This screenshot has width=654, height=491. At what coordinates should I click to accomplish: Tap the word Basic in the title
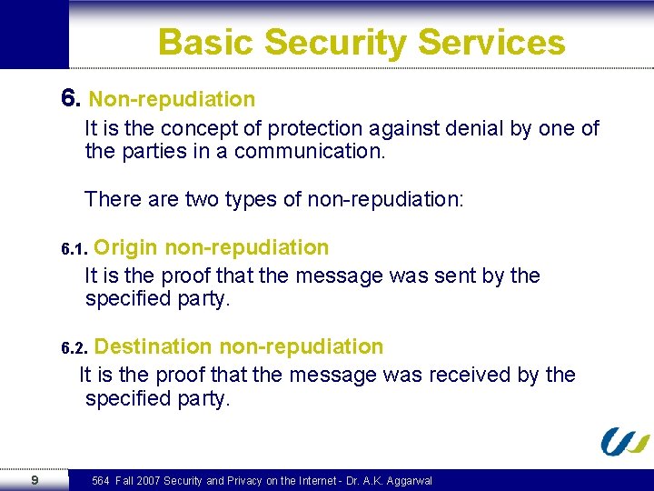pyautogui.click(x=204, y=43)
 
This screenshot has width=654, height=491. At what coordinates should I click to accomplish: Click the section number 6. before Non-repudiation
pyautogui.click(x=72, y=98)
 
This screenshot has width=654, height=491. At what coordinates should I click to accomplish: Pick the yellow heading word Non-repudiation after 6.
pyautogui.click(x=172, y=99)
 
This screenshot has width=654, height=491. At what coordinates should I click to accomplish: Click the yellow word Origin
pyautogui.click(x=126, y=247)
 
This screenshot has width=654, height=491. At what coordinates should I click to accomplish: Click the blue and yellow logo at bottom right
pyautogui.click(x=625, y=441)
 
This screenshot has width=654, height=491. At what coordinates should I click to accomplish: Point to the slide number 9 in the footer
pyautogui.click(x=34, y=480)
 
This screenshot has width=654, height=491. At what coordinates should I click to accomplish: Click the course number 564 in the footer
pyautogui.click(x=101, y=481)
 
